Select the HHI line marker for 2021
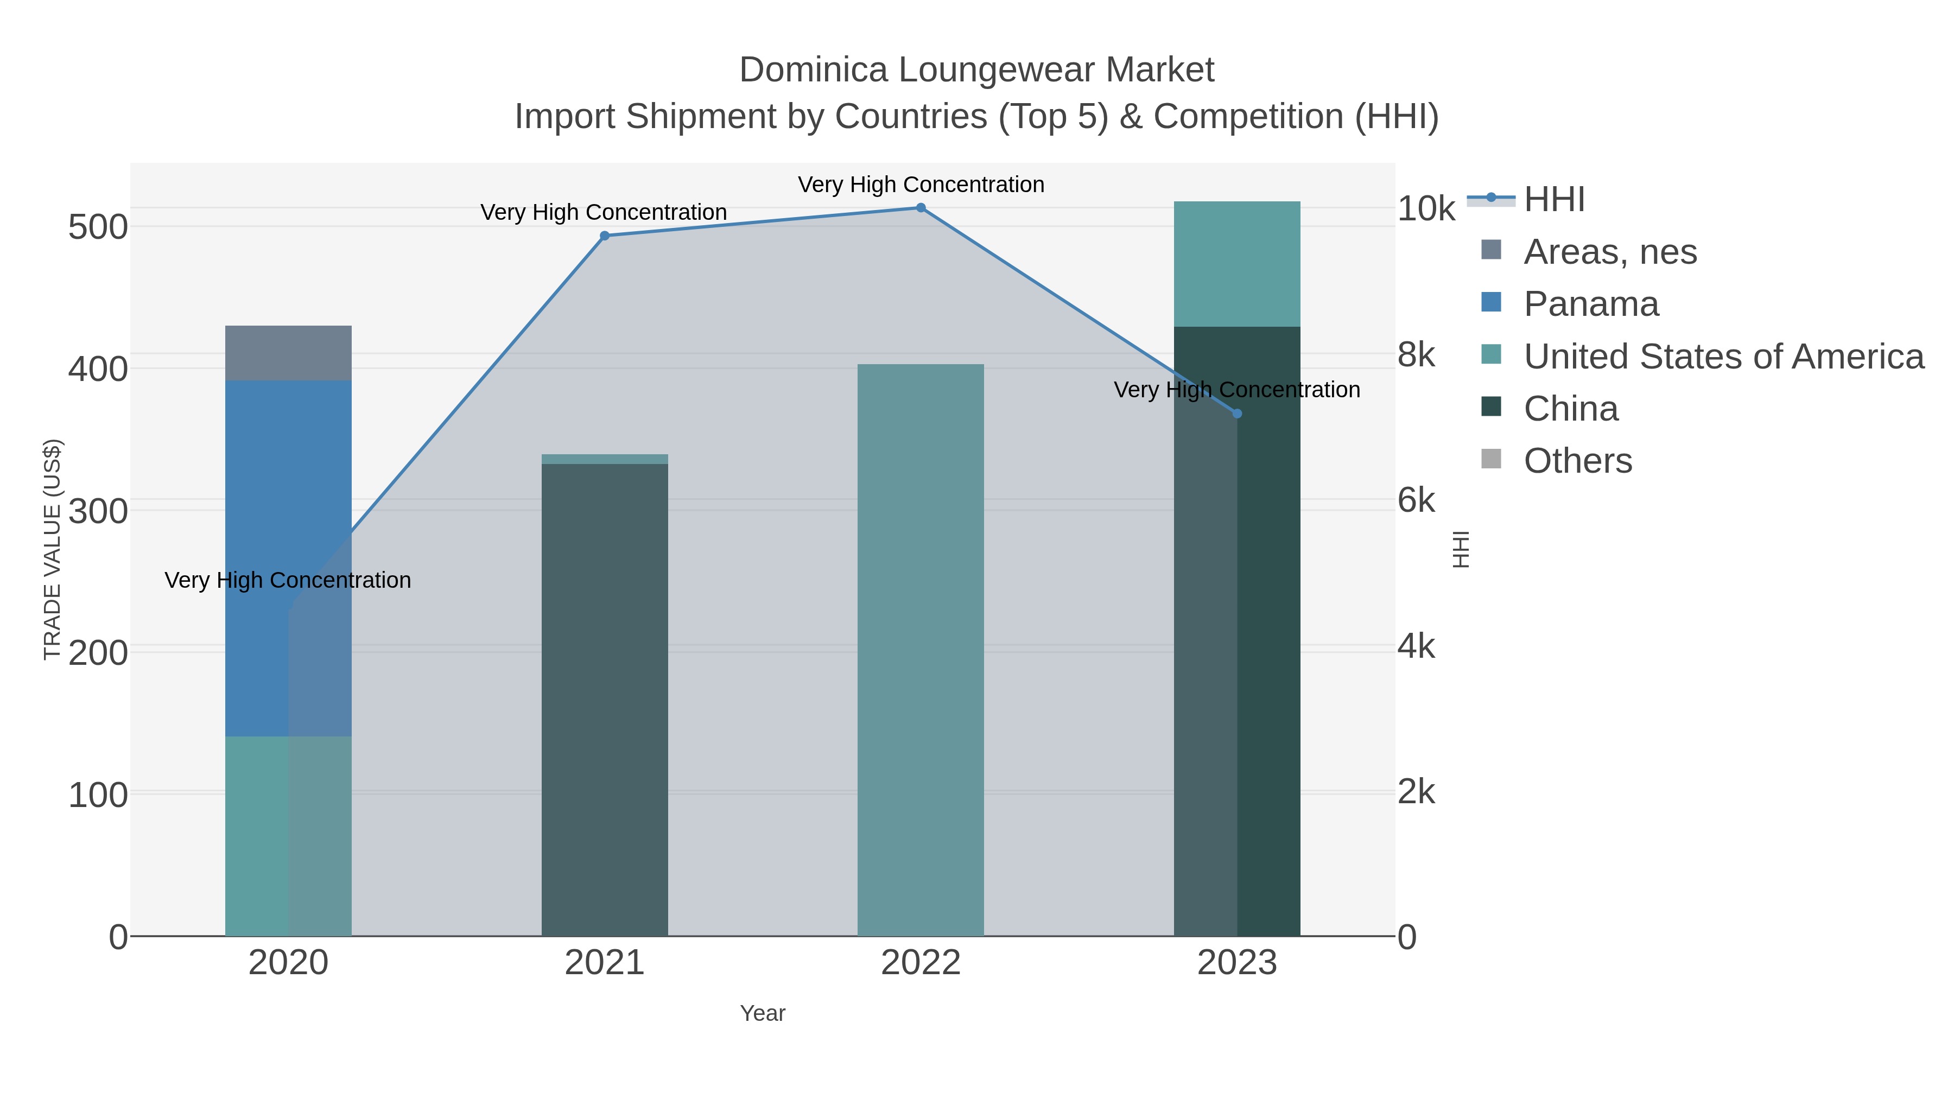click(x=605, y=236)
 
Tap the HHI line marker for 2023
click(x=1237, y=414)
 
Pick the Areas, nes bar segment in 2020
click(x=288, y=353)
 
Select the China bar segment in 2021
click(x=605, y=698)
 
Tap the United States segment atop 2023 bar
click(x=1236, y=264)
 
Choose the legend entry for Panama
click(x=1591, y=304)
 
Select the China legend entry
click(x=1570, y=409)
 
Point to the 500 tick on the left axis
click(x=98, y=227)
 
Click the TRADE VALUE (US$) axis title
click(x=52, y=549)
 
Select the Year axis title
click(x=763, y=1013)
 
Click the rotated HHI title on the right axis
click(x=1460, y=549)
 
